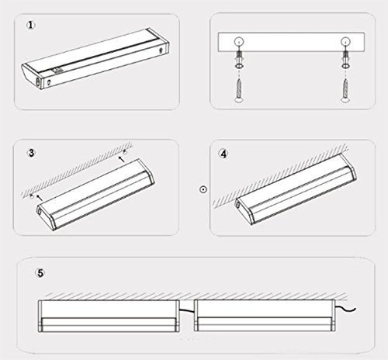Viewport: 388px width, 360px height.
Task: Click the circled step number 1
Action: [x=31, y=26]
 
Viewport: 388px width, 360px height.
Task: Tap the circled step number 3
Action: [x=31, y=153]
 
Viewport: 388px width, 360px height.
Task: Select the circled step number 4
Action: [x=223, y=154]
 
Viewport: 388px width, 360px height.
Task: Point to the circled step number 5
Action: [x=40, y=273]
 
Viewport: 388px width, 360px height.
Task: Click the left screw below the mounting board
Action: [x=239, y=91]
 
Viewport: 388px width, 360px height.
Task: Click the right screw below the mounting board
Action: [x=345, y=91]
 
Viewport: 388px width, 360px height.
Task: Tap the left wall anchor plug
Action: [x=239, y=60]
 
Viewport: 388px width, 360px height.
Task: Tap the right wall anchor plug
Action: [x=345, y=60]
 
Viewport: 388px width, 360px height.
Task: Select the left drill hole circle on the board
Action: [x=239, y=41]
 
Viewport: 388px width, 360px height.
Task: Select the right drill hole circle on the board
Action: [x=345, y=41]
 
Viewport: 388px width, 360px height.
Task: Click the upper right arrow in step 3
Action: [x=122, y=159]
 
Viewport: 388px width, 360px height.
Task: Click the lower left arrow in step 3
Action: [x=39, y=198]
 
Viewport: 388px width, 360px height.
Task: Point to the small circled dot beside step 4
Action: [x=203, y=189]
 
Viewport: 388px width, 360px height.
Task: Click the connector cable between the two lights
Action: [x=186, y=310]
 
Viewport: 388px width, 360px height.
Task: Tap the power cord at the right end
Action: [x=346, y=308]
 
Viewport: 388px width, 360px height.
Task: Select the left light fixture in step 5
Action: [x=109, y=316]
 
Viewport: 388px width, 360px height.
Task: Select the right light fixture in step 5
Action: [x=265, y=316]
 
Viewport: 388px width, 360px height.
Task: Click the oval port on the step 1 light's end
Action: [x=38, y=82]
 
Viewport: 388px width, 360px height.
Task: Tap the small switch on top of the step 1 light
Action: [x=56, y=70]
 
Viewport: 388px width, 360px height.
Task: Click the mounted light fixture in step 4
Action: [x=296, y=189]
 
